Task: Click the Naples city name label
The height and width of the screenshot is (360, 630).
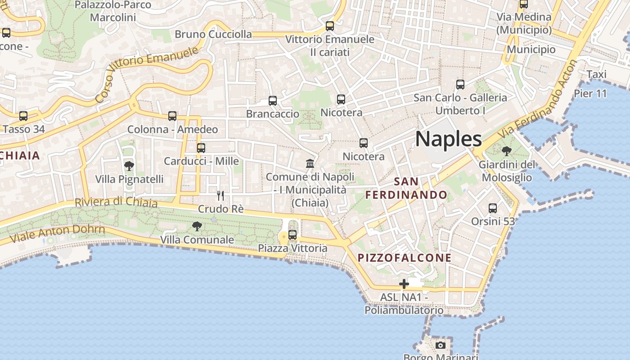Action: click(449, 139)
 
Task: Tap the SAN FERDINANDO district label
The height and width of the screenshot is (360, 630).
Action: click(406, 188)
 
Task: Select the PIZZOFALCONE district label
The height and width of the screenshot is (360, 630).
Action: click(404, 258)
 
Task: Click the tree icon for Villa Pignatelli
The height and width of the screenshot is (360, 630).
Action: click(129, 166)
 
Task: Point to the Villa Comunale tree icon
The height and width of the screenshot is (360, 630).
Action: click(197, 226)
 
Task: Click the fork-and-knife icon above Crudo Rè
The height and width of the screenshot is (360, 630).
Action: click(220, 195)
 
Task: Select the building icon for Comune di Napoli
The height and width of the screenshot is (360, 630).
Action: click(310, 163)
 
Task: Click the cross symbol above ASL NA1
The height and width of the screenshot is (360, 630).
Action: click(404, 284)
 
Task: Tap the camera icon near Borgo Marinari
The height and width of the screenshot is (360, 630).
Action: click(441, 345)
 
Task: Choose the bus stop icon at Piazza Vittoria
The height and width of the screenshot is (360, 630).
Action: click(292, 234)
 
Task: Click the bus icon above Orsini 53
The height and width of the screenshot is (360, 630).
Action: click(493, 208)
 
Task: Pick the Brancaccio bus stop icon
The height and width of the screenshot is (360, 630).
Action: click(273, 100)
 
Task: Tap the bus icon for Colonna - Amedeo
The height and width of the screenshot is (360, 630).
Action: click(172, 116)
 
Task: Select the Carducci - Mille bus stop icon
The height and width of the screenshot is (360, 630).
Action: click(201, 148)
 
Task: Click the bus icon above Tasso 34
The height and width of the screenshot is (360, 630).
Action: click(23, 116)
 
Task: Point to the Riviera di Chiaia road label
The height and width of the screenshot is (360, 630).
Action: click(116, 202)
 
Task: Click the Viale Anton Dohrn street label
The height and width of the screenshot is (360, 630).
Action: click(57, 233)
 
